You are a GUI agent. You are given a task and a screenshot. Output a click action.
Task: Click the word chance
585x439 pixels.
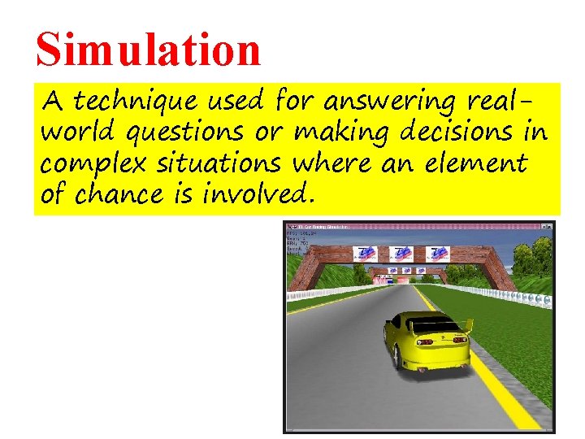pyautogui.click(x=123, y=195)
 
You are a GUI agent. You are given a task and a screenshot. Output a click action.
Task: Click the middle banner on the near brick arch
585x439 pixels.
pyautogui.click(x=401, y=254)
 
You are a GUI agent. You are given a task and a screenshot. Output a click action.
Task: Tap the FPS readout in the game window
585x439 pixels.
pyautogui.click(x=301, y=234)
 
